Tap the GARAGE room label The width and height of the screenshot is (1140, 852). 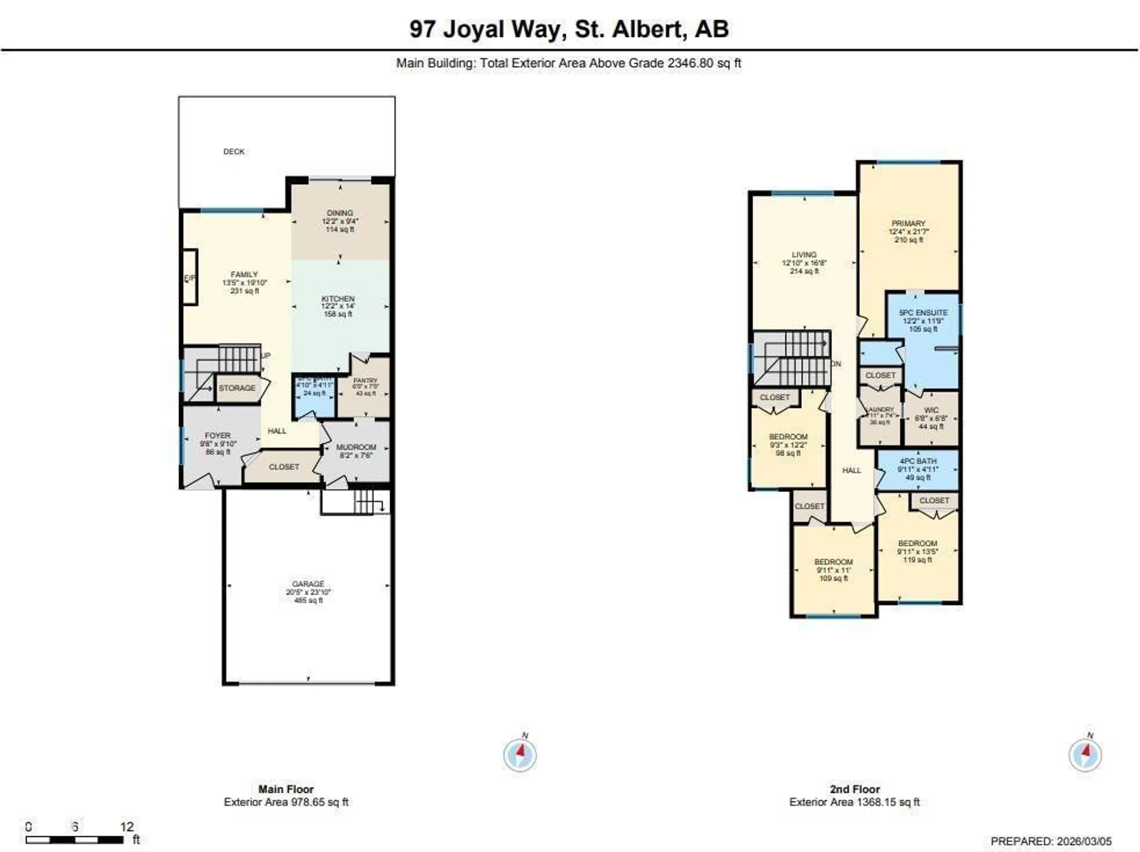(308, 584)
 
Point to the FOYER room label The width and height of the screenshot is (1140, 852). (218, 435)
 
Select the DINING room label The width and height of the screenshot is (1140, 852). (340, 213)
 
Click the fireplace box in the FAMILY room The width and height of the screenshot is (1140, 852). (190, 278)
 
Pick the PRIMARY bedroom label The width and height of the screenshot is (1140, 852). (908, 223)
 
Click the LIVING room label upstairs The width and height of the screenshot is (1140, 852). (804, 254)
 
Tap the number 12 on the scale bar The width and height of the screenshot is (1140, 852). (127, 827)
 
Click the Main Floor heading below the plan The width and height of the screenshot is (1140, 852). (286, 789)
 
